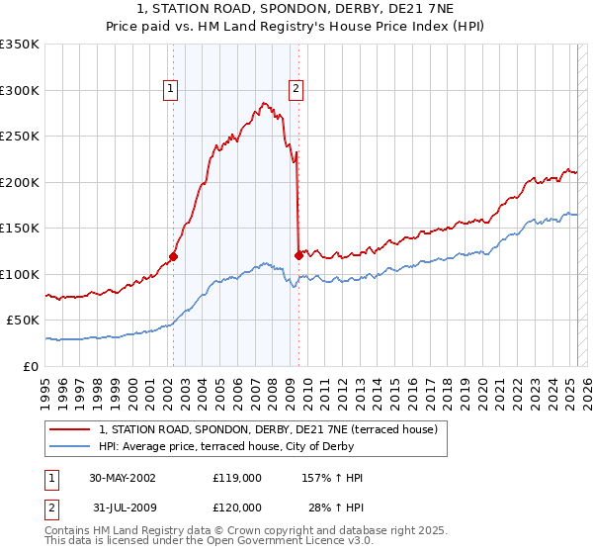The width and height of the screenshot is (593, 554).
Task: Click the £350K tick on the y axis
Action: (20, 45)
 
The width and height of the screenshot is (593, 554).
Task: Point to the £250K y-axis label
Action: (20, 137)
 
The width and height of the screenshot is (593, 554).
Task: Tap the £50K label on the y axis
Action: (23, 321)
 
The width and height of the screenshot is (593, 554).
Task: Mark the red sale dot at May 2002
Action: (173, 257)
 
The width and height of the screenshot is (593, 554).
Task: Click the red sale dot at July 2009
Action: (298, 256)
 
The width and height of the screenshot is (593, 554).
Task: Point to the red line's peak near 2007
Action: (264, 102)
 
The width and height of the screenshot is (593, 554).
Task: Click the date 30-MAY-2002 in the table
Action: (123, 478)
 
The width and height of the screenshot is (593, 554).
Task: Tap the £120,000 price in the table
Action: (237, 508)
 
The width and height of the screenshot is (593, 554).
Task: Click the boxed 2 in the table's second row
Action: (51, 508)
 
